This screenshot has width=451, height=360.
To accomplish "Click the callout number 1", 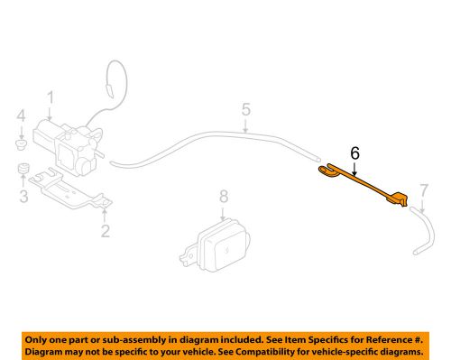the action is click(51, 97).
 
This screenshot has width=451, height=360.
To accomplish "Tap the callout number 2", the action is click(105, 231).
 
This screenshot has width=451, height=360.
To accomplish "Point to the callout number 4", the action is click(22, 115).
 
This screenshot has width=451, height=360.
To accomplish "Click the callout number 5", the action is click(245, 111).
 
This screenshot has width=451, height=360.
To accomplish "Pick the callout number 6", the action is click(354, 154).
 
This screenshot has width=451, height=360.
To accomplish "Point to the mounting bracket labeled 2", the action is click(68, 194).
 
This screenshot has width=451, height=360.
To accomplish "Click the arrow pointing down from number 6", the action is click(354, 166).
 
